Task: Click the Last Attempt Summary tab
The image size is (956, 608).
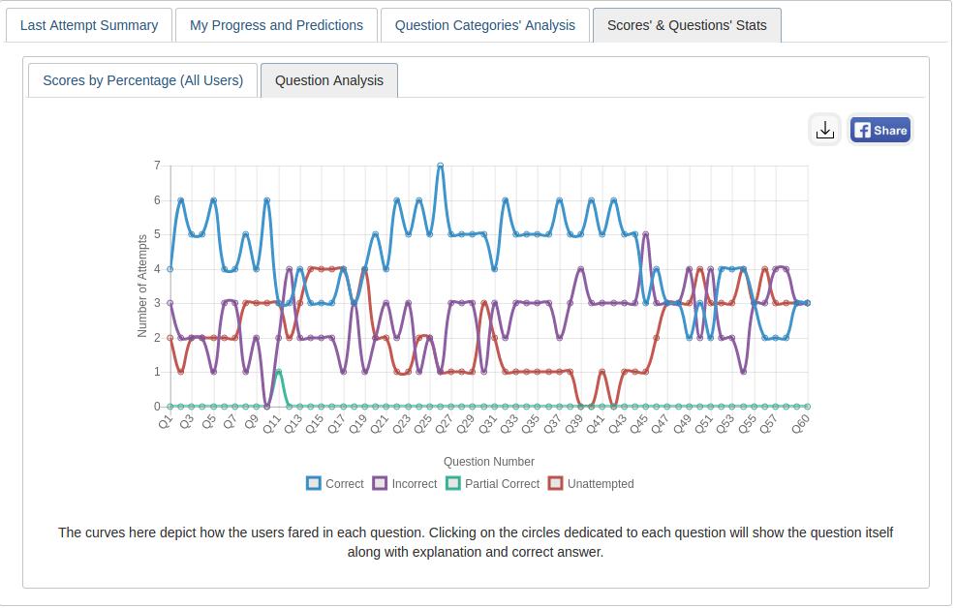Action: tap(89, 25)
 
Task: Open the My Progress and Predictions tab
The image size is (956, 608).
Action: tap(276, 25)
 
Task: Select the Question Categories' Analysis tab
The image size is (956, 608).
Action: tap(485, 25)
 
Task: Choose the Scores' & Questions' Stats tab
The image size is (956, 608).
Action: tap(687, 25)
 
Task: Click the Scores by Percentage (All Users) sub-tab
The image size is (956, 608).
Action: tap(142, 80)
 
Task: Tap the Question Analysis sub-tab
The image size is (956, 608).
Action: tap(329, 80)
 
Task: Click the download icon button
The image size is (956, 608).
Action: tap(825, 130)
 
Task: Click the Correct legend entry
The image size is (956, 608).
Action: tap(335, 483)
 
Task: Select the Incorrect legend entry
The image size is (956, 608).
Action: tap(405, 483)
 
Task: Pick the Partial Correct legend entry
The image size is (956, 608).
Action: tap(493, 483)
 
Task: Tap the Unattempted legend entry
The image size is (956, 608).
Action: tap(591, 483)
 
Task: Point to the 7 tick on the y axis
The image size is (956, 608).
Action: tap(157, 166)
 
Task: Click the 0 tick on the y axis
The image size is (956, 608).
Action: tap(157, 407)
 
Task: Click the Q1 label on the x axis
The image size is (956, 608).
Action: tap(166, 421)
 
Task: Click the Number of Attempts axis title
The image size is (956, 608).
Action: tap(142, 286)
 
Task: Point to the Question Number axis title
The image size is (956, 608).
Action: tap(488, 462)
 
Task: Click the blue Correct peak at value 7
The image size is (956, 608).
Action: tap(441, 166)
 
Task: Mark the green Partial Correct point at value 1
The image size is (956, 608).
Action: tap(278, 372)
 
